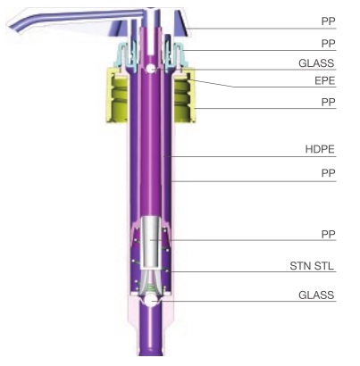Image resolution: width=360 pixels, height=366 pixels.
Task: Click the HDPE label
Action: click(320, 149)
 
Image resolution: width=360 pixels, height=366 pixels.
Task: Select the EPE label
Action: click(325, 81)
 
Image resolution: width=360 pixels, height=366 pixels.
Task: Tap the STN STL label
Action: click(312, 266)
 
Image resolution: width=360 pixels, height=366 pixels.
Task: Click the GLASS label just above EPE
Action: click(316, 63)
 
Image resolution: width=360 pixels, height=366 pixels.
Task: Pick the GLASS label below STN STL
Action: click(316, 295)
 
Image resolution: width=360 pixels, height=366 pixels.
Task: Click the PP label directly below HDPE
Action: click(329, 173)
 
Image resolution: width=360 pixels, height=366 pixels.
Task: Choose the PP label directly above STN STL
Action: click(329, 234)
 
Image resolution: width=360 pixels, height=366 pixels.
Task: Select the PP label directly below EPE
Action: click(329, 102)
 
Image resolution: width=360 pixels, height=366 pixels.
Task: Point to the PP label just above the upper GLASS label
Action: click(329, 44)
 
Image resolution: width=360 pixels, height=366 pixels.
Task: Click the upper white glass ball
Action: click(150, 69)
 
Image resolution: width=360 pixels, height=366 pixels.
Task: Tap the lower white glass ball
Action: click(151, 302)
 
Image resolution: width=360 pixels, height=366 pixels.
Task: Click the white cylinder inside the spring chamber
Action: click(151, 242)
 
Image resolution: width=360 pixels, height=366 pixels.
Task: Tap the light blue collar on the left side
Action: click(122, 55)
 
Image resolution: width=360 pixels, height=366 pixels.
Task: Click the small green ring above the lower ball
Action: click(151, 287)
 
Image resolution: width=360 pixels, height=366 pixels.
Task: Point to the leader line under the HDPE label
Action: click(250, 156)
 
